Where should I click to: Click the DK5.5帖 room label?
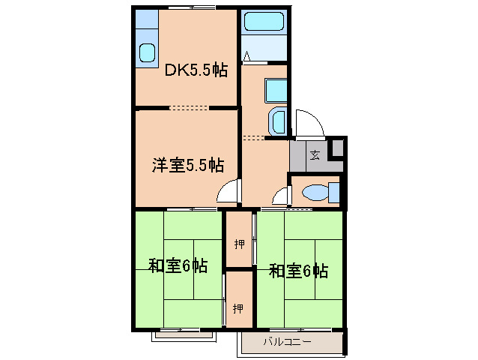coord(196,70)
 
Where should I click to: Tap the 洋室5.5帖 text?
coord(187,165)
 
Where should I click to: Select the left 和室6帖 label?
coord(178,266)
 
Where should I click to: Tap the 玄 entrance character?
coord(315,155)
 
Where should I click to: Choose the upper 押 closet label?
coord(239,244)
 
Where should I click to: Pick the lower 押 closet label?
coord(238,307)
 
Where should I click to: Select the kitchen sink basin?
coord(147,52)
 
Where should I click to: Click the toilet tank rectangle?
coord(334,193)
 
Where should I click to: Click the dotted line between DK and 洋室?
coord(189,108)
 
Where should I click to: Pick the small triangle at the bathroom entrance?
coord(247,55)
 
